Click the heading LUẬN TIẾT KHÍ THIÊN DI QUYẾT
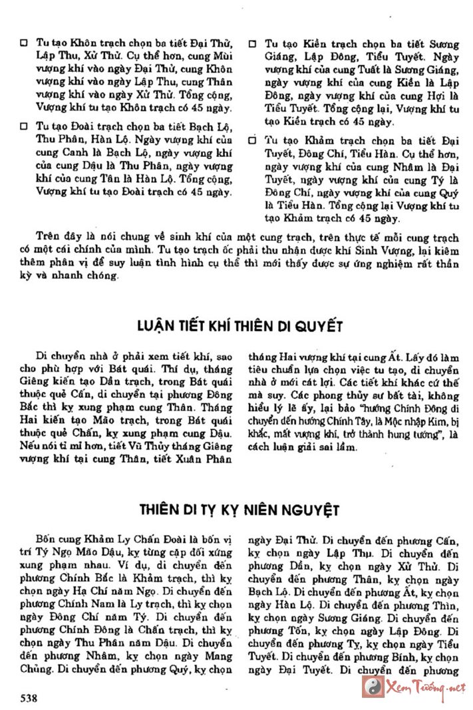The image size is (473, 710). [240, 326]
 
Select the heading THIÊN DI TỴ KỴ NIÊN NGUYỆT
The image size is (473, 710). [239, 510]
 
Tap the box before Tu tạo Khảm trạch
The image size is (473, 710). [253, 140]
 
